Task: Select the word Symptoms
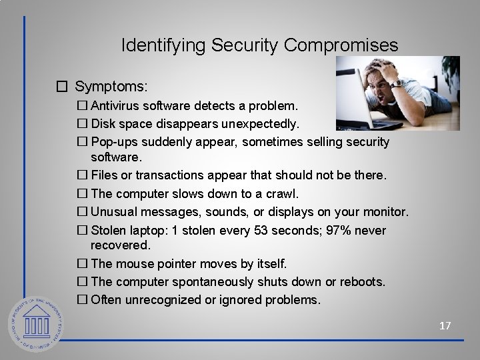pyautogui.click(x=111, y=87)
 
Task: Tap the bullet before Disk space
pyautogui.click(x=83, y=124)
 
